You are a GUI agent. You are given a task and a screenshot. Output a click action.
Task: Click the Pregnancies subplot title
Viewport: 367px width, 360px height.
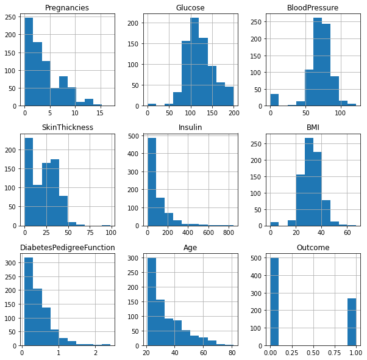click(68, 8)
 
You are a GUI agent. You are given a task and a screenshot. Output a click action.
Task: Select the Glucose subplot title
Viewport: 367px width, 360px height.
click(190, 8)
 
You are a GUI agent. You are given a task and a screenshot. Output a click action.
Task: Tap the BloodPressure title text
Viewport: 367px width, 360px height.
click(313, 8)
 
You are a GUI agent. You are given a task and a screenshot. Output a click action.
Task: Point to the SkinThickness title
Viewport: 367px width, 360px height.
click(68, 128)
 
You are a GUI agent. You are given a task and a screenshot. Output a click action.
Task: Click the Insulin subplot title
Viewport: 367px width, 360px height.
click(190, 128)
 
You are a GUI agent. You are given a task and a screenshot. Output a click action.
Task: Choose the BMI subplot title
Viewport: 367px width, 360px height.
click(313, 128)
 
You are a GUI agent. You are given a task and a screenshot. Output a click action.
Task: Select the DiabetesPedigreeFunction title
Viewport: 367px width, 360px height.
click(68, 247)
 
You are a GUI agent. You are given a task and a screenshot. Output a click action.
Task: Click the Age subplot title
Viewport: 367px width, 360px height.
click(190, 247)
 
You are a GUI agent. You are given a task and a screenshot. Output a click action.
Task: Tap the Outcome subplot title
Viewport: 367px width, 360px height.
click(313, 247)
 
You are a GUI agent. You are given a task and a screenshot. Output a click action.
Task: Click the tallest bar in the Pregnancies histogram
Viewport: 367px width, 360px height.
click(29, 62)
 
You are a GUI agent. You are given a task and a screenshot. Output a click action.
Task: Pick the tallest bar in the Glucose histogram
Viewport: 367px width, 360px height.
click(194, 62)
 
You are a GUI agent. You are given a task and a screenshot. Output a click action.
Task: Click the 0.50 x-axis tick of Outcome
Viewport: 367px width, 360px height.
click(313, 352)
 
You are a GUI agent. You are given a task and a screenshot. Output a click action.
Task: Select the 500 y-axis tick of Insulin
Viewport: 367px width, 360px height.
click(137, 136)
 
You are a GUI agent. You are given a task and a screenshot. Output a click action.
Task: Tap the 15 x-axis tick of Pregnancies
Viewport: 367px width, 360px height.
click(100, 113)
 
